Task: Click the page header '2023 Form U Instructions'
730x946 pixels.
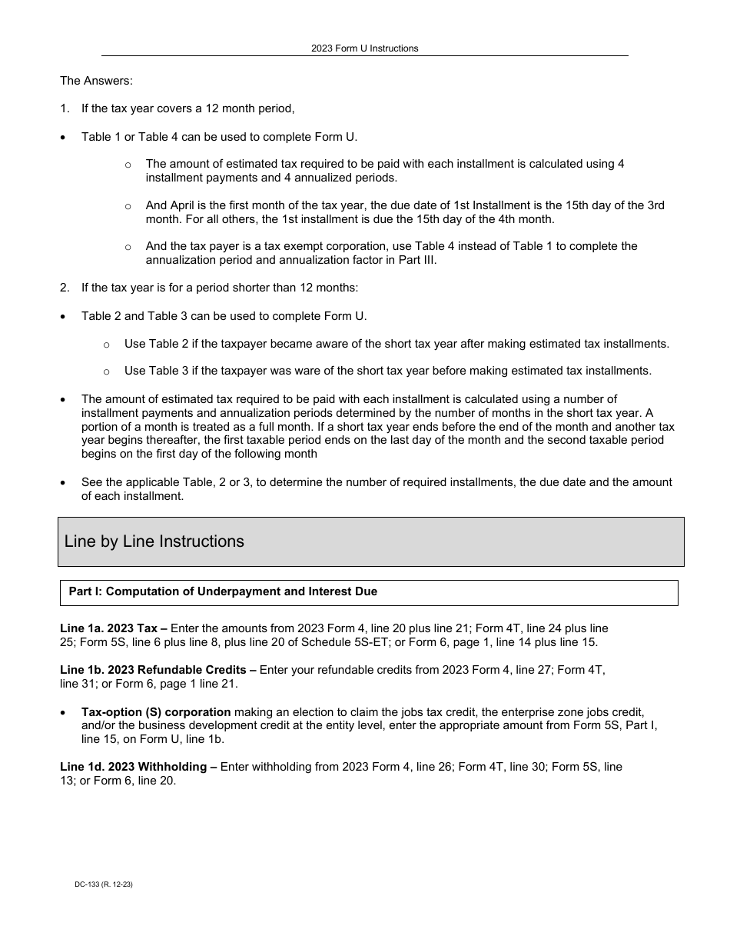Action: click(x=364, y=48)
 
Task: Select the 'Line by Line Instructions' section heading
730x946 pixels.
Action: click(x=154, y=541)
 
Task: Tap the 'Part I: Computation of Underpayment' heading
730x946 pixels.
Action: click(x=223, y=591)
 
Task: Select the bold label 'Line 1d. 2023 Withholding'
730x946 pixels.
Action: click(x=133, y=767)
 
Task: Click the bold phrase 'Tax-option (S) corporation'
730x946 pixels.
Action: click(x=156, y=711)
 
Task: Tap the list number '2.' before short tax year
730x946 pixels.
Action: click(x=65, y=288)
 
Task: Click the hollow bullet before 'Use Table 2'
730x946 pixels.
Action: click(x=106, y=345)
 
